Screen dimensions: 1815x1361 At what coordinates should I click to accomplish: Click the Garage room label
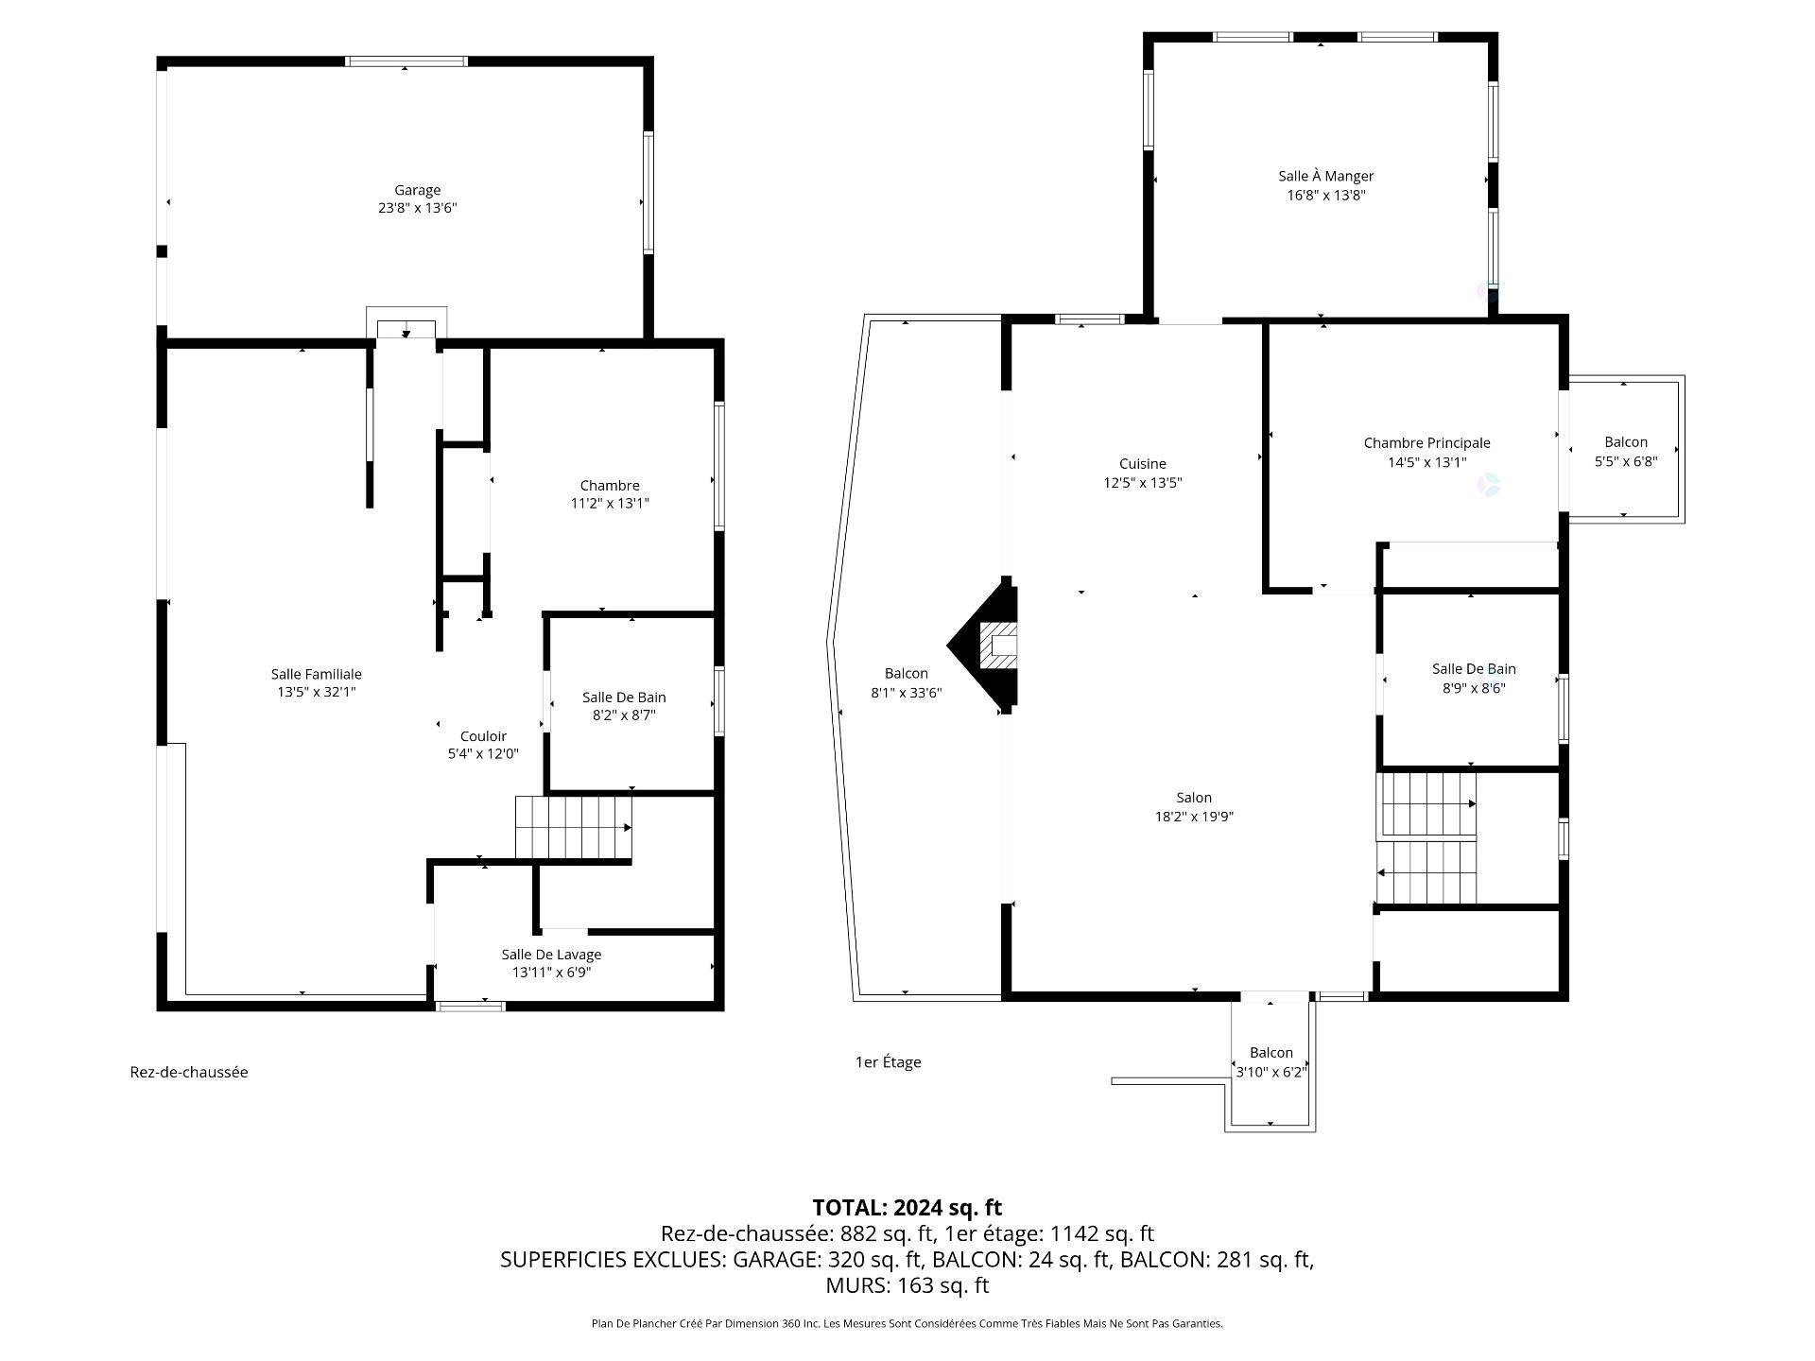[417, 190]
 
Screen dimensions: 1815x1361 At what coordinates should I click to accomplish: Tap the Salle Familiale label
[316, 674]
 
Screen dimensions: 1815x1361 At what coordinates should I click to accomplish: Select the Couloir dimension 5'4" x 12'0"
[483, 754]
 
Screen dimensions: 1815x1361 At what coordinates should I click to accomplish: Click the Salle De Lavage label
[551, 955]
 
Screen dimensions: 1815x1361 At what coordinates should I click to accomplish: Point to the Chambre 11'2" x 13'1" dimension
[610, 504]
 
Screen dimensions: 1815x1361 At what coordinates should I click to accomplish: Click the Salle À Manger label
[1325, 176]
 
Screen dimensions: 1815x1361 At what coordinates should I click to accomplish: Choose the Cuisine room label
[1143, 464]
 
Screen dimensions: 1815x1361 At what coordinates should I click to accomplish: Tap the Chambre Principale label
[1426, 443]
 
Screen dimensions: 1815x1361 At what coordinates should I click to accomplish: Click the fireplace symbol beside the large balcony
[984, 644]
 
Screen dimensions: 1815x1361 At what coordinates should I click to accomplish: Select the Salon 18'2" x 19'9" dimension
[1194, 818]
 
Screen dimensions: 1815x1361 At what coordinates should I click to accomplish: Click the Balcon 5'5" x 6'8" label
[1626, 452]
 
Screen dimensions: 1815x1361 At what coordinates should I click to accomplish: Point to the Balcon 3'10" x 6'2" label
[1271, 1062]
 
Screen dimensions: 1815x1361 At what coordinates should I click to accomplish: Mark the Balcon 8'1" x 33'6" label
[906, 683]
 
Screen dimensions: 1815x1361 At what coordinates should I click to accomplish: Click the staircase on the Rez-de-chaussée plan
[574, 828]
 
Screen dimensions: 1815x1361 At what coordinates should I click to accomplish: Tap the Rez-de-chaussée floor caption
[189, 1072]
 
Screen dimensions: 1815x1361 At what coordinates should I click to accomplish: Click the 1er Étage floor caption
[888, 1062]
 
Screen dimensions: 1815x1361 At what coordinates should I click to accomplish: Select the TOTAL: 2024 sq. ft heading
[907, 1208]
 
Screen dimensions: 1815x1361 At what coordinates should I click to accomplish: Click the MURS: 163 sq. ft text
[907, 1285]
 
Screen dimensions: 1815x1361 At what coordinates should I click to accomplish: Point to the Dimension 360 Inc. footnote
[907, 1324]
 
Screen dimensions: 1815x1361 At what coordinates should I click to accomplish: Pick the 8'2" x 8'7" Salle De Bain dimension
[624, 715]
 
